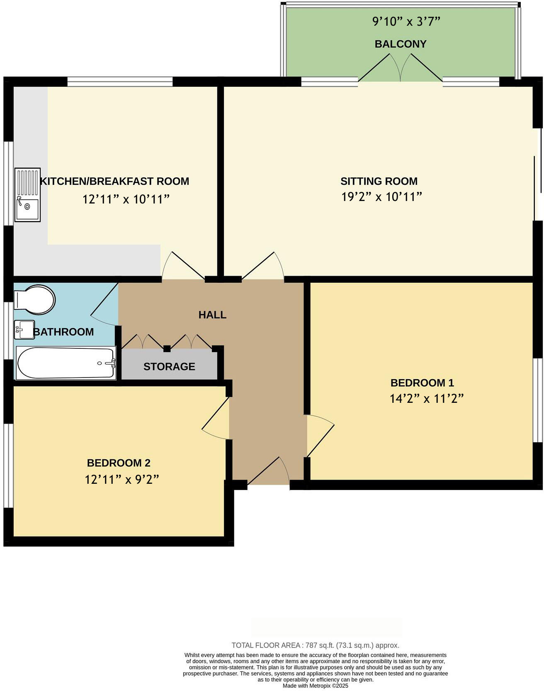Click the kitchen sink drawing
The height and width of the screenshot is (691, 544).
pos(28,194)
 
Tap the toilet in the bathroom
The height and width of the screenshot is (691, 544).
pos(35,299)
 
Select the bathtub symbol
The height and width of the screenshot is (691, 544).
pos(66,363)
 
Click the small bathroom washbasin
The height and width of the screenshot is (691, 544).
pos(24,330)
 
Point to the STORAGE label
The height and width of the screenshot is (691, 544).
pos(169,366)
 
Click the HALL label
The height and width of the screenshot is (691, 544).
pos(212,315)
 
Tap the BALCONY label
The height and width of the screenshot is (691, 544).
pos(400,44)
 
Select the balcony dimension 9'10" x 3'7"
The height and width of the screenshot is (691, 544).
pos(406,22)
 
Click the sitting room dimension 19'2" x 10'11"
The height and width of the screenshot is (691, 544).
pos(381,196)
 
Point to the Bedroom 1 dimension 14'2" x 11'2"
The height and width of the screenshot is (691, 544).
pos(426,399)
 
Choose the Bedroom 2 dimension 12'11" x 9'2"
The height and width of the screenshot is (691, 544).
pos(122,480)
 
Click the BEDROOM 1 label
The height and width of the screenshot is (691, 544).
pos(422,382)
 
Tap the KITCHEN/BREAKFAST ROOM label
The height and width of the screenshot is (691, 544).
pos(114,181)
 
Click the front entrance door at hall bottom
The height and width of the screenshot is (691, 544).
pos(269,471)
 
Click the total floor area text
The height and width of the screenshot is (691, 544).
pos(315,645)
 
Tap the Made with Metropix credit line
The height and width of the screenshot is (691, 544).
pos(315,686)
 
